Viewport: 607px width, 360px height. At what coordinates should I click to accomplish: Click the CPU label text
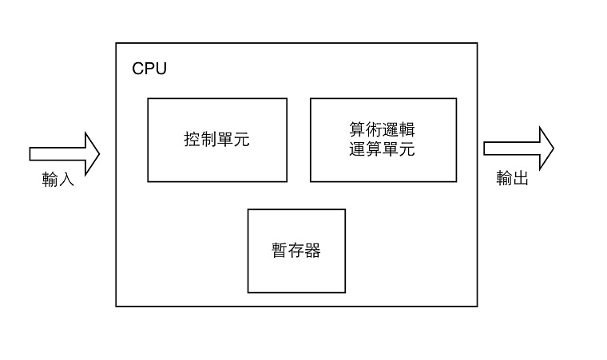coord(149,69)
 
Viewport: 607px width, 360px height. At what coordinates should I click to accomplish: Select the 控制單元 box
coord(216,140)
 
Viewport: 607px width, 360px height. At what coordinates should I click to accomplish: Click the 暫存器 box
coord(296,251)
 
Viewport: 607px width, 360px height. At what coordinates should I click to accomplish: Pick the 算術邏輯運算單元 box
coord(383,140)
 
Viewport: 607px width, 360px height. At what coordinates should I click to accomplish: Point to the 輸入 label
coord(58,180)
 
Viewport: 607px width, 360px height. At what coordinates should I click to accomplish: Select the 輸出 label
coord(512,179)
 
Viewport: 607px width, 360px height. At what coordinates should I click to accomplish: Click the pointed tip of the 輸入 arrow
coord(98,152)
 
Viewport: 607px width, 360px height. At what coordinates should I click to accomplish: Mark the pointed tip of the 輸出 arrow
coord(553,148)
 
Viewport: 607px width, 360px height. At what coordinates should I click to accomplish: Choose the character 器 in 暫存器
coord(312,251)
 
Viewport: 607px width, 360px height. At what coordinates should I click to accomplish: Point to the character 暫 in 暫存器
coord(280,251)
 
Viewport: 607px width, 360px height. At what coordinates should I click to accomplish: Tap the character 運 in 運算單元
coord(358,148)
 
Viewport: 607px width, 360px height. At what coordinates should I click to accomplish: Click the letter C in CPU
coord(138,69)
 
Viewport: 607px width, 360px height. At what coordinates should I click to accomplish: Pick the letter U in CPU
coord(161,69)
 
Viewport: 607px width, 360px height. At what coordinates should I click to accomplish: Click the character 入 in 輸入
coord(66,180)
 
